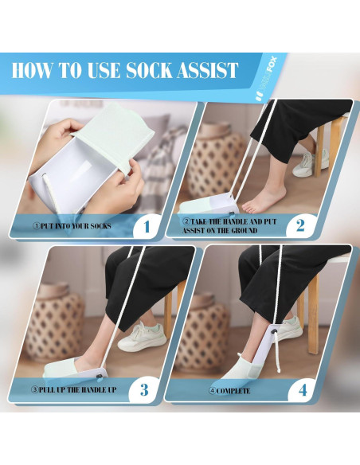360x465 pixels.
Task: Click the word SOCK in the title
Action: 150,70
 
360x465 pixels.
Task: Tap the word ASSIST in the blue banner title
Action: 208,70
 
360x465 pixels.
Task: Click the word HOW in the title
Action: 31,70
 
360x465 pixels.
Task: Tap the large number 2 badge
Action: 300,225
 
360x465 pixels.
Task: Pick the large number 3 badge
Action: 144,389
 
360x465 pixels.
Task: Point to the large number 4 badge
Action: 303,390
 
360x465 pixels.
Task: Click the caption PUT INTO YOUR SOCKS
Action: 72,226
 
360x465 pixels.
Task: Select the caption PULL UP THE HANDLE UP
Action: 73,389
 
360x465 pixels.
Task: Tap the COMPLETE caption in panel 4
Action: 230,391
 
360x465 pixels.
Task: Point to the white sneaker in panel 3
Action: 142,337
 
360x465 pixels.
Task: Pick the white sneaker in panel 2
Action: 310,163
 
